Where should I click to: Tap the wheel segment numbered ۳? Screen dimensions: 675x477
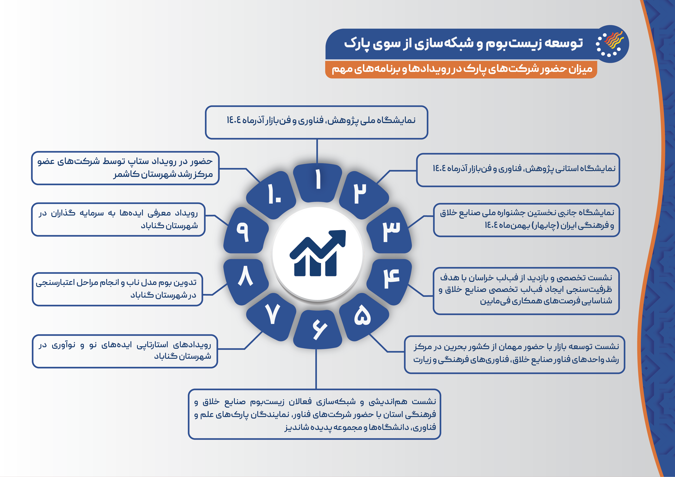click(x=389, y=231)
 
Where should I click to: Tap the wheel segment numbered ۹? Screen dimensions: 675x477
click(x=246, y=231)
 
